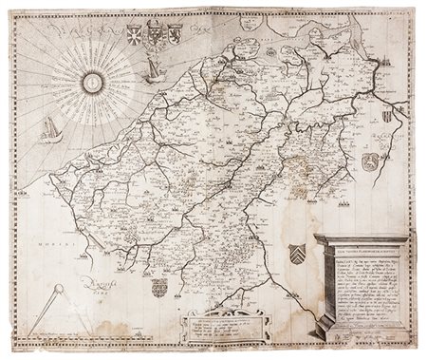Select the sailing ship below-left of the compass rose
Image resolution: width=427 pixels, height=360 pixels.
tap(50, 130)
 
